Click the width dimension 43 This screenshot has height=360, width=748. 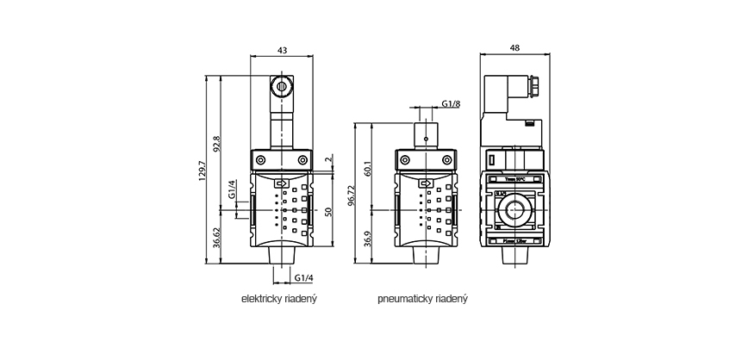click(x=282, y=49)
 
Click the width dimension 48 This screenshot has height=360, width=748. click(x=514, y=49)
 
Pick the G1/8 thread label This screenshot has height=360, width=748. click(x=451, y=104)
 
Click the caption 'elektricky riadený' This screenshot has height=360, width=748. click(x=280, y=301)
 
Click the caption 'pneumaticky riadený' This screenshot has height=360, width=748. click(x=422, y=301)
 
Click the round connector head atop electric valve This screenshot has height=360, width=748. click(x=282, y=86)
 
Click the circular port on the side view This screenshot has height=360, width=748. click(x=514, y=210)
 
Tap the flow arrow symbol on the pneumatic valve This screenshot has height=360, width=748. click(x=423, y=183)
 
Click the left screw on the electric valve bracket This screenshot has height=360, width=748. click(x=261, y=160)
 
